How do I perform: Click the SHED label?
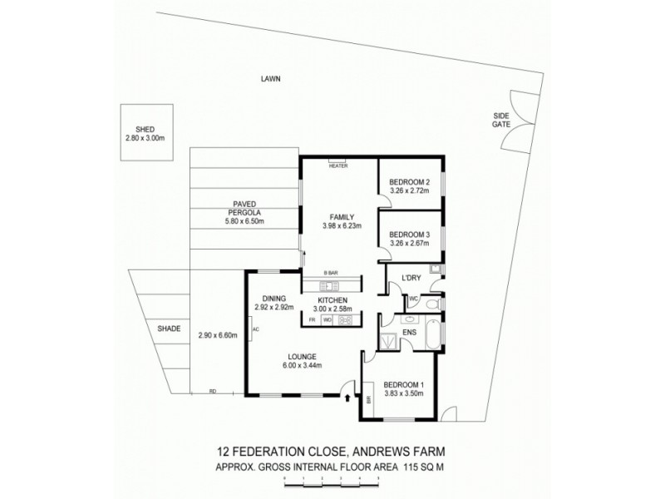(145, 129)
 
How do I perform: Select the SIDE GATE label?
(500, 120)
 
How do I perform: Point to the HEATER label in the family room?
(337, 166)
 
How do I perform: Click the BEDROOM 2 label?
(410, 182)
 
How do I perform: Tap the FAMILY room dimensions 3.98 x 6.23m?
(342, 225)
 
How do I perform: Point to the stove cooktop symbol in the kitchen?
(346, 319)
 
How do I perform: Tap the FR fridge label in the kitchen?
(312, 319)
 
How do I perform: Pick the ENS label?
(409, 332)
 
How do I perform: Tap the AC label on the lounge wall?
(256, 329)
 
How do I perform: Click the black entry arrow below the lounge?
(347, 399)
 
